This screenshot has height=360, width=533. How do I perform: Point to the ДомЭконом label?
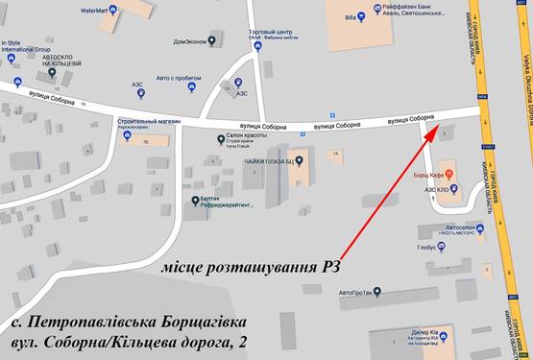tap(188, 40)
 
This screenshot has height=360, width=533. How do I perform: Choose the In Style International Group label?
tap(27, 46)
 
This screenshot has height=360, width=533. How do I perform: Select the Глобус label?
tap(427, 246)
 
